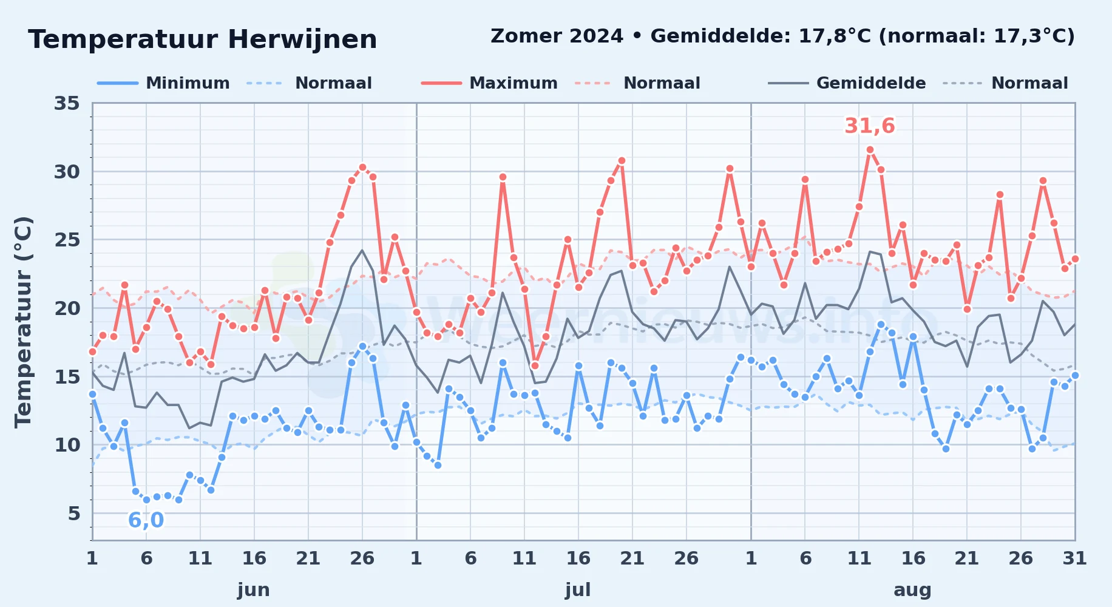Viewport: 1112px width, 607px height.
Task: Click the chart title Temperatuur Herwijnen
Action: pos(203,39)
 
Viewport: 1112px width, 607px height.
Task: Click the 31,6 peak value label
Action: pos(870,126)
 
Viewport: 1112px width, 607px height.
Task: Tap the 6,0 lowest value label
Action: pos(146,520)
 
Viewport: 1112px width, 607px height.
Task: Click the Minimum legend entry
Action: pos(164,83)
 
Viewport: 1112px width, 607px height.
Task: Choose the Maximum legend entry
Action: pos(489,83)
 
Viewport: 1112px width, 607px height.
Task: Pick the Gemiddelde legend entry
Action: pos(847,83)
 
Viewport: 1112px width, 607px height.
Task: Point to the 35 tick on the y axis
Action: pos(67,103)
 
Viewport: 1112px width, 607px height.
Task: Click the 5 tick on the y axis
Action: pos(73,514)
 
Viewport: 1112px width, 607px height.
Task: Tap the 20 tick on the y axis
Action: pos(67,308)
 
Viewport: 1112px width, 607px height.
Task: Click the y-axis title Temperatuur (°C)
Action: pos(23,322)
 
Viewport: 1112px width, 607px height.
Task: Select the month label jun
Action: pos(254,589)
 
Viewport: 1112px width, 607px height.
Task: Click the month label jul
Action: pos(578,589)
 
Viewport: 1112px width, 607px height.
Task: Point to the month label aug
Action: pos(912,589)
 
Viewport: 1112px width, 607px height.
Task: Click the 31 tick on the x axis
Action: pos(1074,558)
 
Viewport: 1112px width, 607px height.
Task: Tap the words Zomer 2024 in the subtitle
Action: pos(557,36)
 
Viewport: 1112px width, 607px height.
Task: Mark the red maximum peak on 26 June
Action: pos(362,167)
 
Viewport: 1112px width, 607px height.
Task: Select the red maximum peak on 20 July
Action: pos(622,161)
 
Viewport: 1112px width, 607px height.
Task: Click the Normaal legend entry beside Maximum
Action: pos(637,83)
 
